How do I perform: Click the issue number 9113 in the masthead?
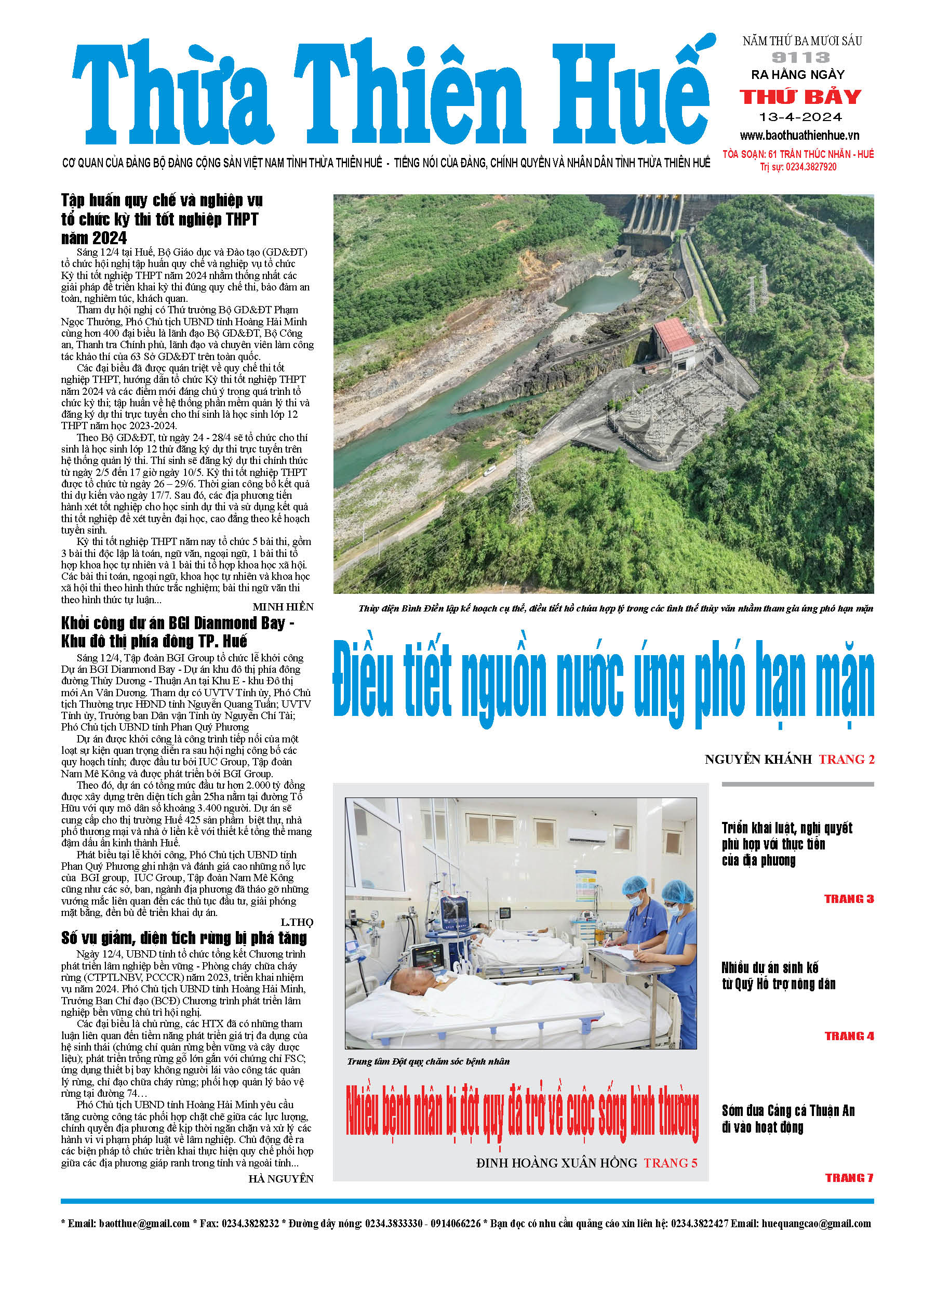801,57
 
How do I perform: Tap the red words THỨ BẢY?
800,97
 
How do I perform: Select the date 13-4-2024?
800,117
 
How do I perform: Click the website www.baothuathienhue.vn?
799,135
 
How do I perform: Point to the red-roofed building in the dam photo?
676,338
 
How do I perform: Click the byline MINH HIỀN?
283,607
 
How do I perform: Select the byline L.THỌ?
297,922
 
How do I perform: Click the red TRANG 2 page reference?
846,759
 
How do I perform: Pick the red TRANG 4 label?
849,1036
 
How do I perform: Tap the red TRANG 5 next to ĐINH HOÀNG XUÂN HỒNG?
670,1163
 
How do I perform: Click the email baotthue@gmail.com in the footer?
144,1223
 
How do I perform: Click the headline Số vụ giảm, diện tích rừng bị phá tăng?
184,938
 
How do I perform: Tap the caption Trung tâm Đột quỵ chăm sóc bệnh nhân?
428,1061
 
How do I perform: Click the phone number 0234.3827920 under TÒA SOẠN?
811,167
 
